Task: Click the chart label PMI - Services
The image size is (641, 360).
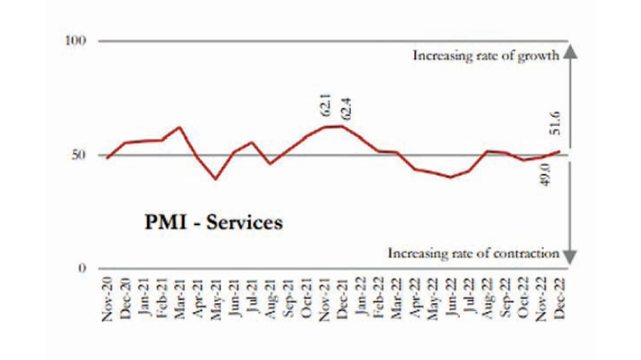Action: click(x=201, y=222)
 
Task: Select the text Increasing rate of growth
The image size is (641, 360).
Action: click(x=485, y=56)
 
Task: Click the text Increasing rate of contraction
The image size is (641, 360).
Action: click(x=473, y=253)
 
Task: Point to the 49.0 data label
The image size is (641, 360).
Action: click(x=542, y=175)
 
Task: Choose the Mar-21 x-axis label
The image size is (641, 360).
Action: click(x=180, y=301)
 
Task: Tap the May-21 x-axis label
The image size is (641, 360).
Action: click(x=216, y=301)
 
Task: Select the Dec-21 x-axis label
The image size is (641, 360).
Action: click(x=343, y=301)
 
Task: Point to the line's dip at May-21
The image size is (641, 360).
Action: click(x=216, y=179)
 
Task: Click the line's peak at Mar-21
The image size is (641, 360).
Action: click(x=179, y=127)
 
